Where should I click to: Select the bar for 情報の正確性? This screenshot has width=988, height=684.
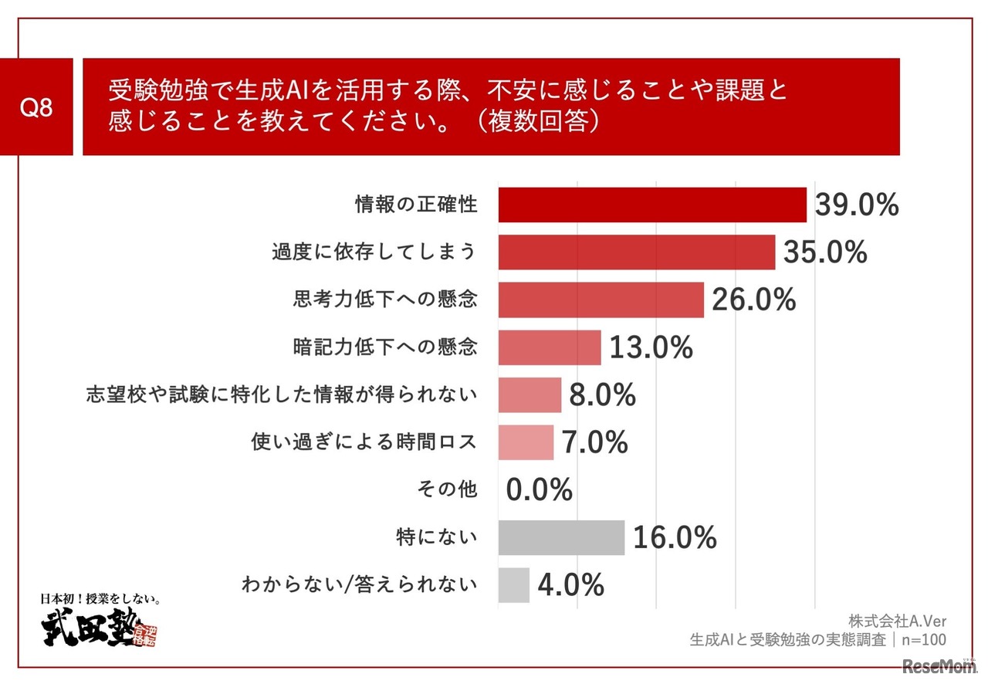[x=652, y=205]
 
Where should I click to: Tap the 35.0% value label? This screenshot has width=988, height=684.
[x=825, y=252]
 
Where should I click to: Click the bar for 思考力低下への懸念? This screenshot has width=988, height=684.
[x=601, y=300]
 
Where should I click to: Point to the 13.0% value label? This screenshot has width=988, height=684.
[x=651, y=348]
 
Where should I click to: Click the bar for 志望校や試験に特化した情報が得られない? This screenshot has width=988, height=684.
[x=530, y=395]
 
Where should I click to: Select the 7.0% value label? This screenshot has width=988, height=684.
[x=594, y=442]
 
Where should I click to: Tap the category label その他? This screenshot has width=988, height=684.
[x=447, y=489]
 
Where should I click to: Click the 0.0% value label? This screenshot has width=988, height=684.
[x=540, y=489]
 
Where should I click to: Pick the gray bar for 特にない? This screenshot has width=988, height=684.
[x=561, y=537]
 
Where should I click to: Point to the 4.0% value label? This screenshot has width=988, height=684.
[x=570, y=585]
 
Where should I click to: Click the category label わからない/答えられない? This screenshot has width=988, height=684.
[x=360, y=585]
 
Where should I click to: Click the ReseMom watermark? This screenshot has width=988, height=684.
[x=939, y=665]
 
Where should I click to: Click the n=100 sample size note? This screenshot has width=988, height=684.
[x=922, y=640]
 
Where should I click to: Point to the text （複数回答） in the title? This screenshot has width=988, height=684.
[x=544, y=122]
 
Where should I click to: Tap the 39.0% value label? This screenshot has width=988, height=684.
[x=857, y=205]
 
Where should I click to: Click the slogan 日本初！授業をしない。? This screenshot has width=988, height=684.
[x=100, y=598]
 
